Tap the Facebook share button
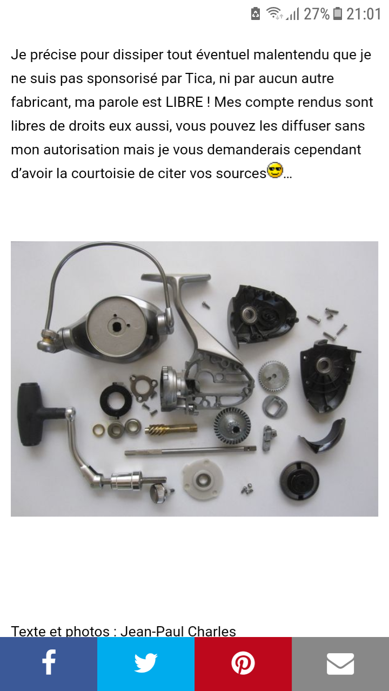[49, 664]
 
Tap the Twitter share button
[146, 664]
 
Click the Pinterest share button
[243, 664]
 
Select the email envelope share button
[340, 664]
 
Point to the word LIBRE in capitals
[184, 102]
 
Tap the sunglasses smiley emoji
[275, 170]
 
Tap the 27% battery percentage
[317, 14]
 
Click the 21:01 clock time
[364, 14]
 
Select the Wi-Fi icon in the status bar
[274, 13]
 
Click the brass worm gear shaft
[171, 429]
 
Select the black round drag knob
[299, 481]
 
